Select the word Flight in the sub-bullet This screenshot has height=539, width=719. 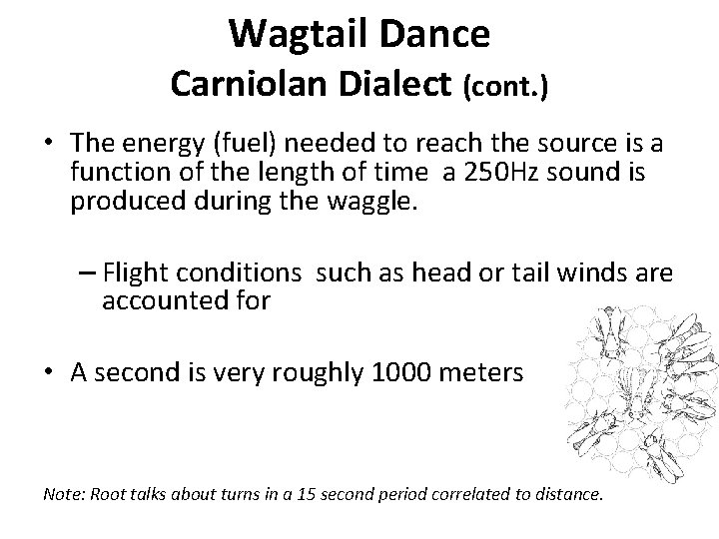pyautogui.click(x=136, y=271)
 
